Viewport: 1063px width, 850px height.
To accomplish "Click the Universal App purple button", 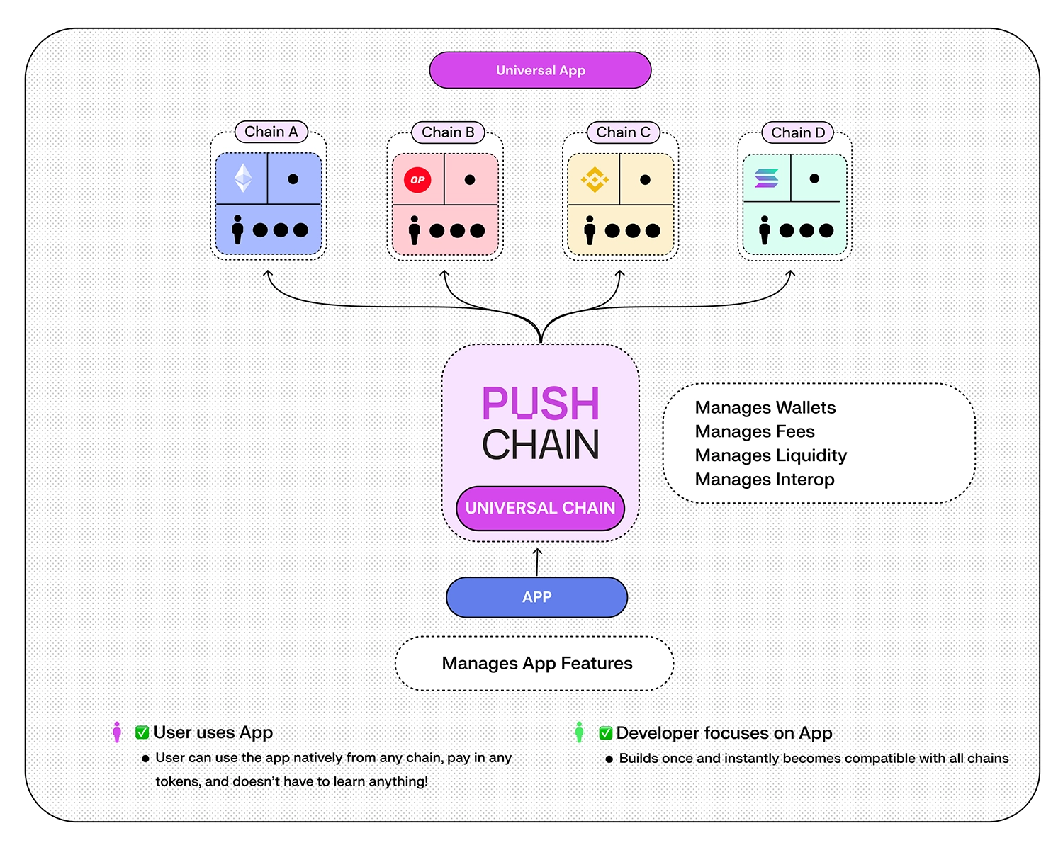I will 540,70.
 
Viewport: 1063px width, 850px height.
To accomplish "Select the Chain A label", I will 271,132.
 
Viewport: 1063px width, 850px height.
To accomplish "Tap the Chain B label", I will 448,132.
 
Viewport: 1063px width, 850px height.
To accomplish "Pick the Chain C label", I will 623,132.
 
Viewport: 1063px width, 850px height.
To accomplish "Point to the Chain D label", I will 798,133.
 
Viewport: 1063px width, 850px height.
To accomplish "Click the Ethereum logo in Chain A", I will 243,178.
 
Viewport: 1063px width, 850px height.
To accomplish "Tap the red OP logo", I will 417,180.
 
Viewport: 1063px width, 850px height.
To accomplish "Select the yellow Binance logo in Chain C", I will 594,180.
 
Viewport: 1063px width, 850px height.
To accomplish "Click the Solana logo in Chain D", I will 767,178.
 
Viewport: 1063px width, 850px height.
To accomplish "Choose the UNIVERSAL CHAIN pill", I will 540,508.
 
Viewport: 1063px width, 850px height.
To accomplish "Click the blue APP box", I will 536,597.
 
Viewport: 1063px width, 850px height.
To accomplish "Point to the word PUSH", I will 541,404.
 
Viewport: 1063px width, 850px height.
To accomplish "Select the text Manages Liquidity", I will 771,455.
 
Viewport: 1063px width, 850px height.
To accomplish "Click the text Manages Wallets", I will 765,407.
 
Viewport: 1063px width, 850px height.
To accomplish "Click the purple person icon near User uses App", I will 117,732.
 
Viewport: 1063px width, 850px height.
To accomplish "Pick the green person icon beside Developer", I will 579,732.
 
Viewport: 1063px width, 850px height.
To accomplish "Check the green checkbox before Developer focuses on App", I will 606,733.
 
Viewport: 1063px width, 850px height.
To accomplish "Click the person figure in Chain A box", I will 237,229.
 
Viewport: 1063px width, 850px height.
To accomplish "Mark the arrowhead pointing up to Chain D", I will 791,273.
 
